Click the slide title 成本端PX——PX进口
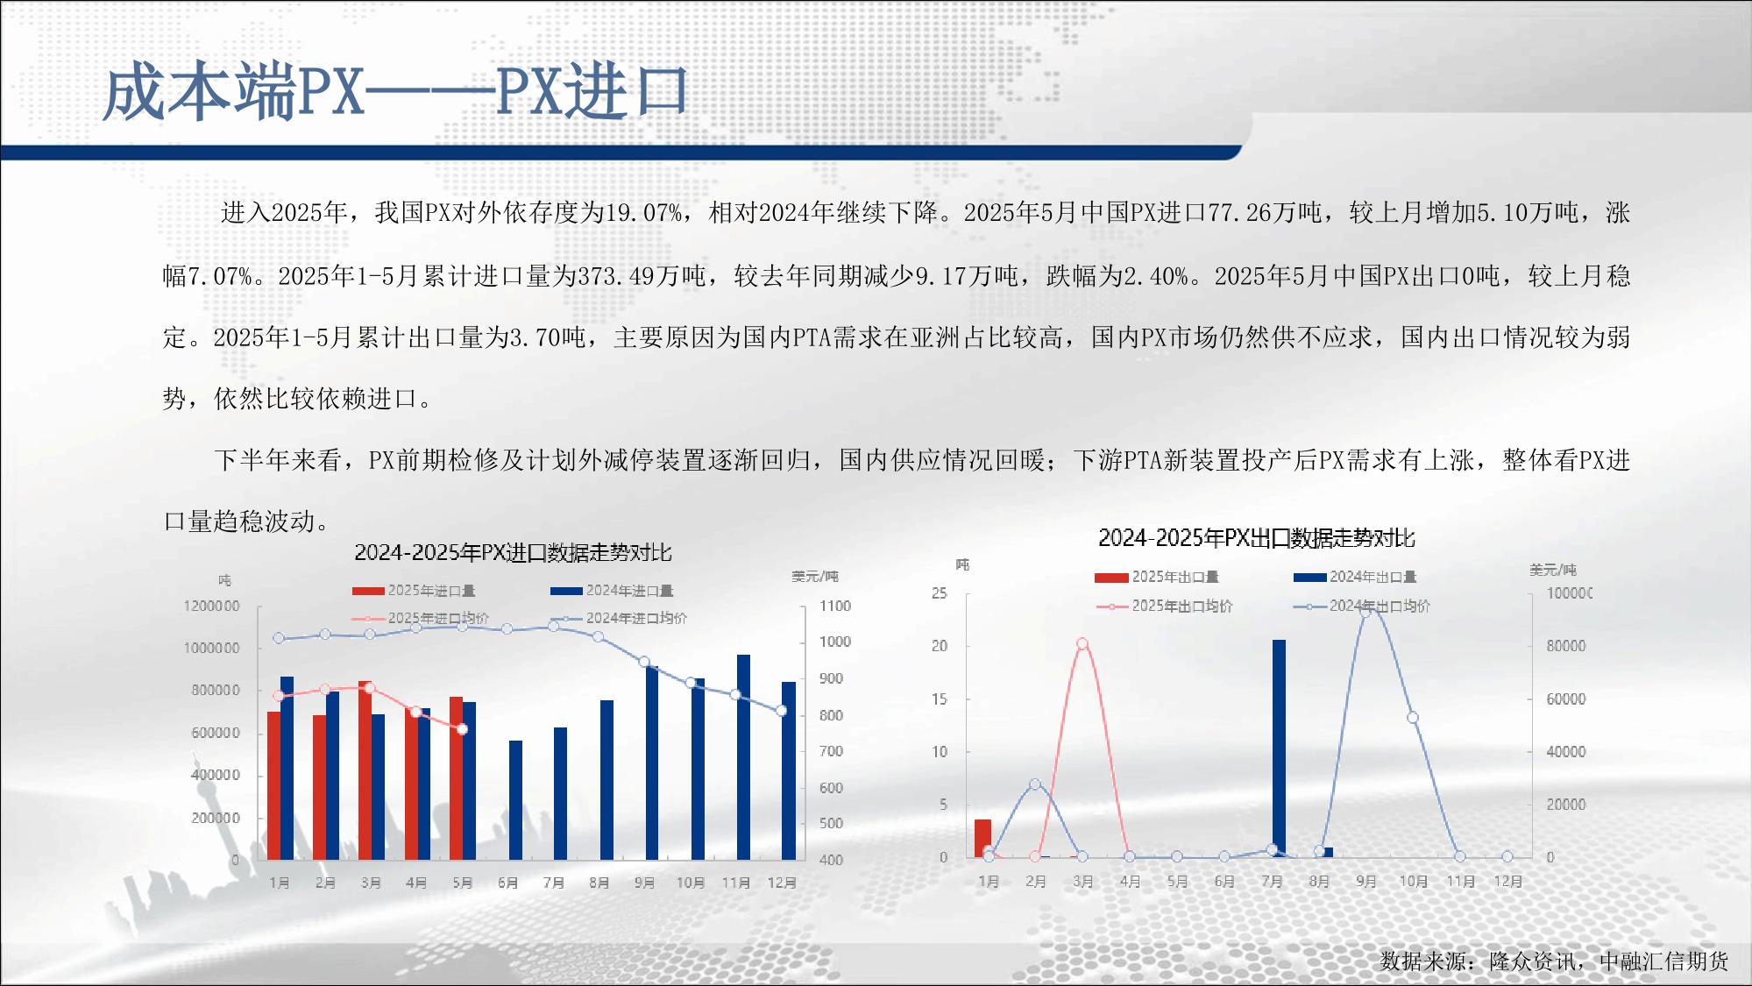coord(395,90)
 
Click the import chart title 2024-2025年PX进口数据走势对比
coord(513,552)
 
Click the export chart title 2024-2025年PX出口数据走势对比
coord(1257,537)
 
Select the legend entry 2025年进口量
coord(414,591)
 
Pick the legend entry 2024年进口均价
coord(619,618)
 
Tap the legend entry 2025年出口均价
coord(1164,606)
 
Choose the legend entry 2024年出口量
coord(1355,577)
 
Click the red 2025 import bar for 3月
coord(365,770)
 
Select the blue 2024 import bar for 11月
coord(743,757)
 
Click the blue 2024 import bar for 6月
coord(515,800)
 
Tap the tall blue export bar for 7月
coord(1279,748)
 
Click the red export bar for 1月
coord(982,839)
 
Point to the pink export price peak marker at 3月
coord(1082,643)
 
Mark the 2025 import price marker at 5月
coord(463,729)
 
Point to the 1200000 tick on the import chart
coord(211,606)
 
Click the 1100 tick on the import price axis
coord(835,606)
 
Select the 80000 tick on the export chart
coord(1566,646)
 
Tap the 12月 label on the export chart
coord(1507,881)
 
